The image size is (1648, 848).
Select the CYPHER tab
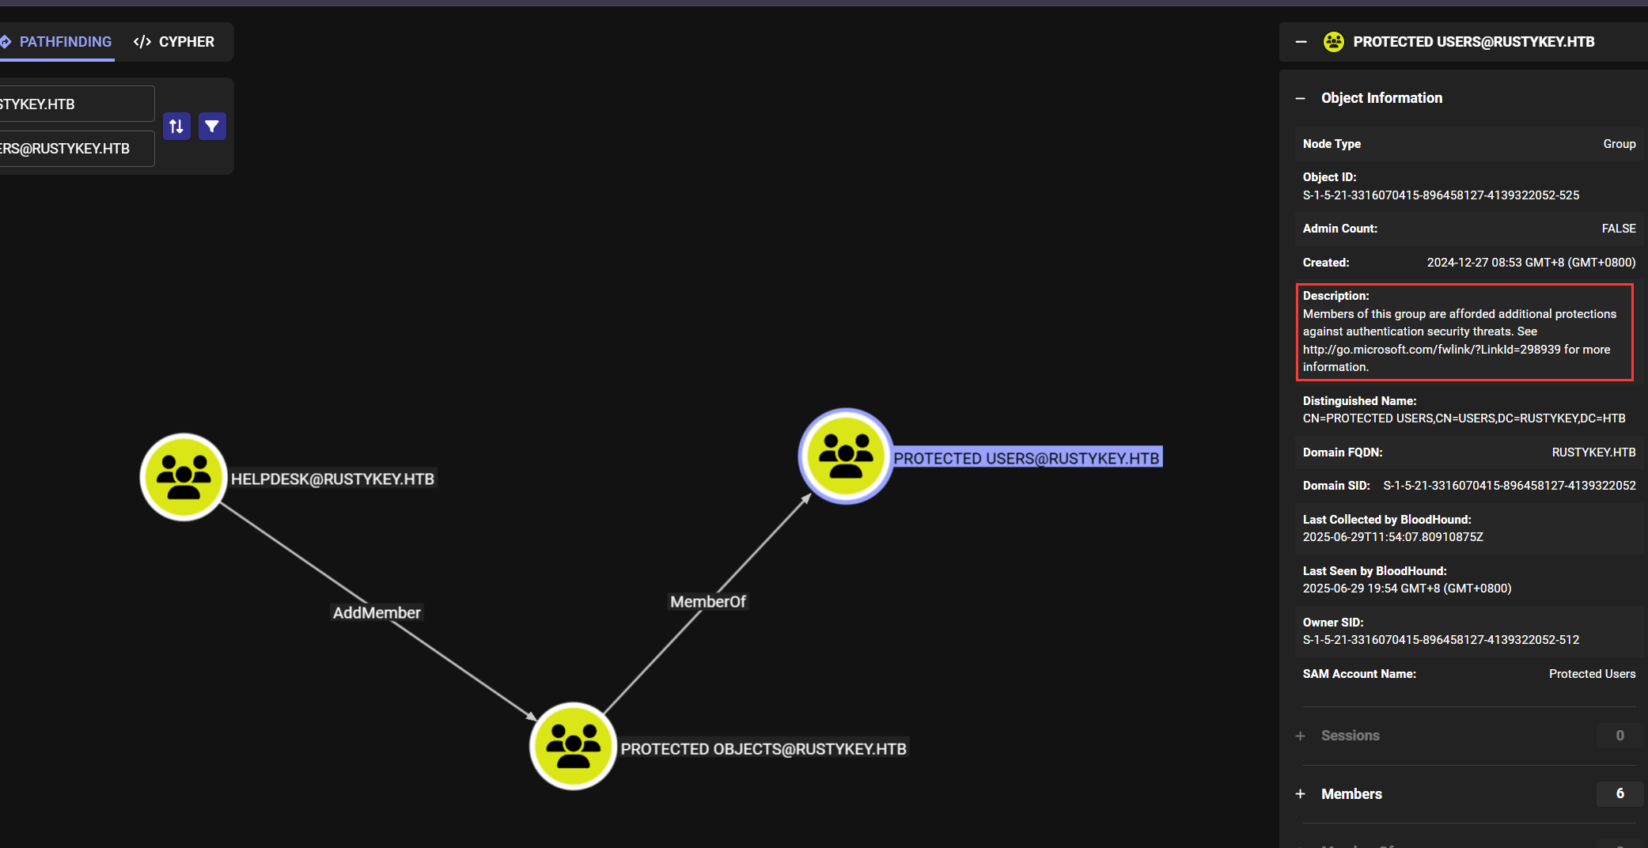(x=175, y=42)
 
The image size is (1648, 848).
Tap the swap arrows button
(x=176, y=127)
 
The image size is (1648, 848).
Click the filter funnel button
(x=212, y=127)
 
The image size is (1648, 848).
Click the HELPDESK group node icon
(x=184, y=477)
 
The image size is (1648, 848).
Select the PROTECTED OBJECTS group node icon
(x=573, y=746)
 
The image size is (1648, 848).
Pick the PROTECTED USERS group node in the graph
(x=846, y=456)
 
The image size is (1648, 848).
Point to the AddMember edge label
(x=377, y=613)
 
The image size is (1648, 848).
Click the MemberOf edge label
(x=708, y=602)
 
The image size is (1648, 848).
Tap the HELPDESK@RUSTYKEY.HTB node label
(x=332, y=479)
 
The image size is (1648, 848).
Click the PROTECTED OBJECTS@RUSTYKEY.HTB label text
(x=763, y=749)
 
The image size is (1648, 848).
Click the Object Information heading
(x=1381, y=98)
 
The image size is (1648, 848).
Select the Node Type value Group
(x=1619, y=144)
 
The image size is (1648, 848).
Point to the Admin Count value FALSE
(x=1618, y=229)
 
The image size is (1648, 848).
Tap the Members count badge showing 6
(x=1620, y=793)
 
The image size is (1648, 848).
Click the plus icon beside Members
(x=1301, y=794)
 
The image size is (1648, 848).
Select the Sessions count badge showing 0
(x=1620, y=736)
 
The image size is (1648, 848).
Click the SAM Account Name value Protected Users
(x=1592, y=674)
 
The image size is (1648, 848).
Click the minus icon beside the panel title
(x=1301, y=42)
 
